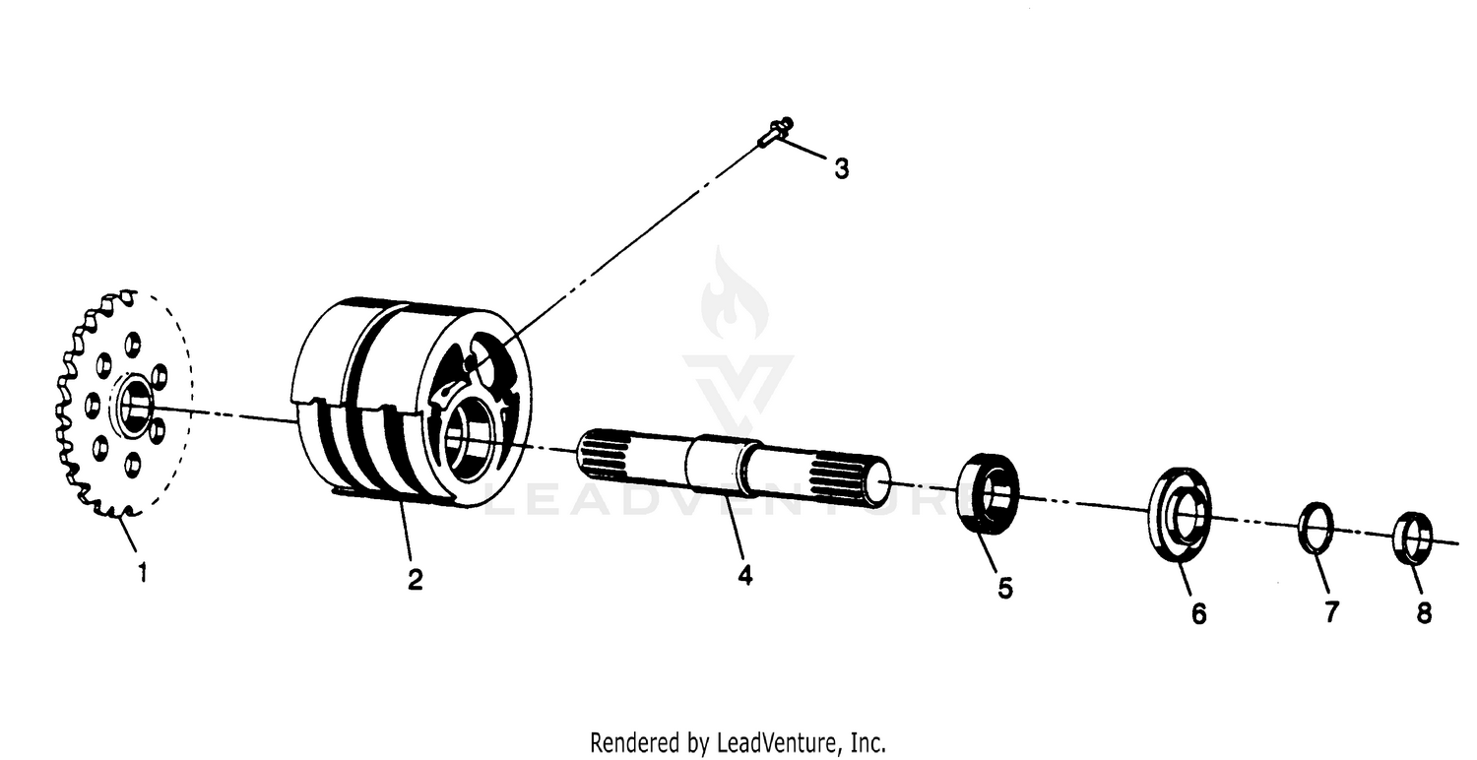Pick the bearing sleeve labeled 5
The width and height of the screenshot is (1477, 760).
pyautogui.click(x=989, y=494)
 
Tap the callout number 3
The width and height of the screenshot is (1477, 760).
pyautogui.click(x=841, y=169)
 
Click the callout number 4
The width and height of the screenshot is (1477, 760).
pyautogui.click(x=745, y=575)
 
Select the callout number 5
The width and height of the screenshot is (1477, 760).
pyautogui.click(x=1004, y=588)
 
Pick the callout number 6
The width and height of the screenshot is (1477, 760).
pyautogui.click(x=1198, y=613)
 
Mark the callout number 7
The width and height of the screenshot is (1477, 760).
pyautogui.click(x=1331, y=612)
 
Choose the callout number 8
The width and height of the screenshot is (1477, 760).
pyautogui.click(x=1424, y=612)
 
